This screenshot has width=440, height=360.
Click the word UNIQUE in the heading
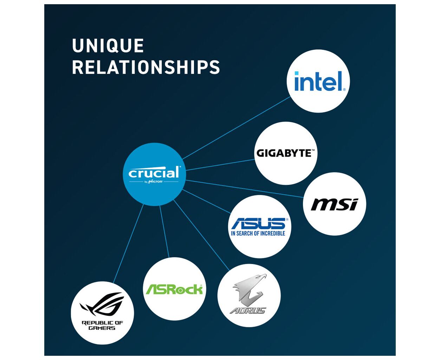tap(108, 45)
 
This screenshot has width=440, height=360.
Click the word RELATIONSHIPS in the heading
tap(146, 67)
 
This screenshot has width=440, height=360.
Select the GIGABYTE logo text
tap(285, 153)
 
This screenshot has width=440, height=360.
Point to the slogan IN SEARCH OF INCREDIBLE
tap(258, 233)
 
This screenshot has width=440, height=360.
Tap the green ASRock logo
tap(174, 289)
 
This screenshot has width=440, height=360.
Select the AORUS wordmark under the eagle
tap(248, 310)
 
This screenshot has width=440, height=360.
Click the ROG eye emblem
tap(102, 304)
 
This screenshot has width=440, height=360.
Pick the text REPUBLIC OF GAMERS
tap(102, 325)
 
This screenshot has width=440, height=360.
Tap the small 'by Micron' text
tap(154, 181)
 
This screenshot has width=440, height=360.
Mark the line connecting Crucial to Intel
tap(237, 128)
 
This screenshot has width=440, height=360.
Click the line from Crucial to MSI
tap(244, 189)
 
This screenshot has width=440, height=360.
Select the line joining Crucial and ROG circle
tap(128, 244)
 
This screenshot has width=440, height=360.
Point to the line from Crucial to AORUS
tap(201, 235)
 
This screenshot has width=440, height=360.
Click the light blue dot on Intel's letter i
tap(297, 73)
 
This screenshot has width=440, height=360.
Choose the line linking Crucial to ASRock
tap(164, 232)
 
